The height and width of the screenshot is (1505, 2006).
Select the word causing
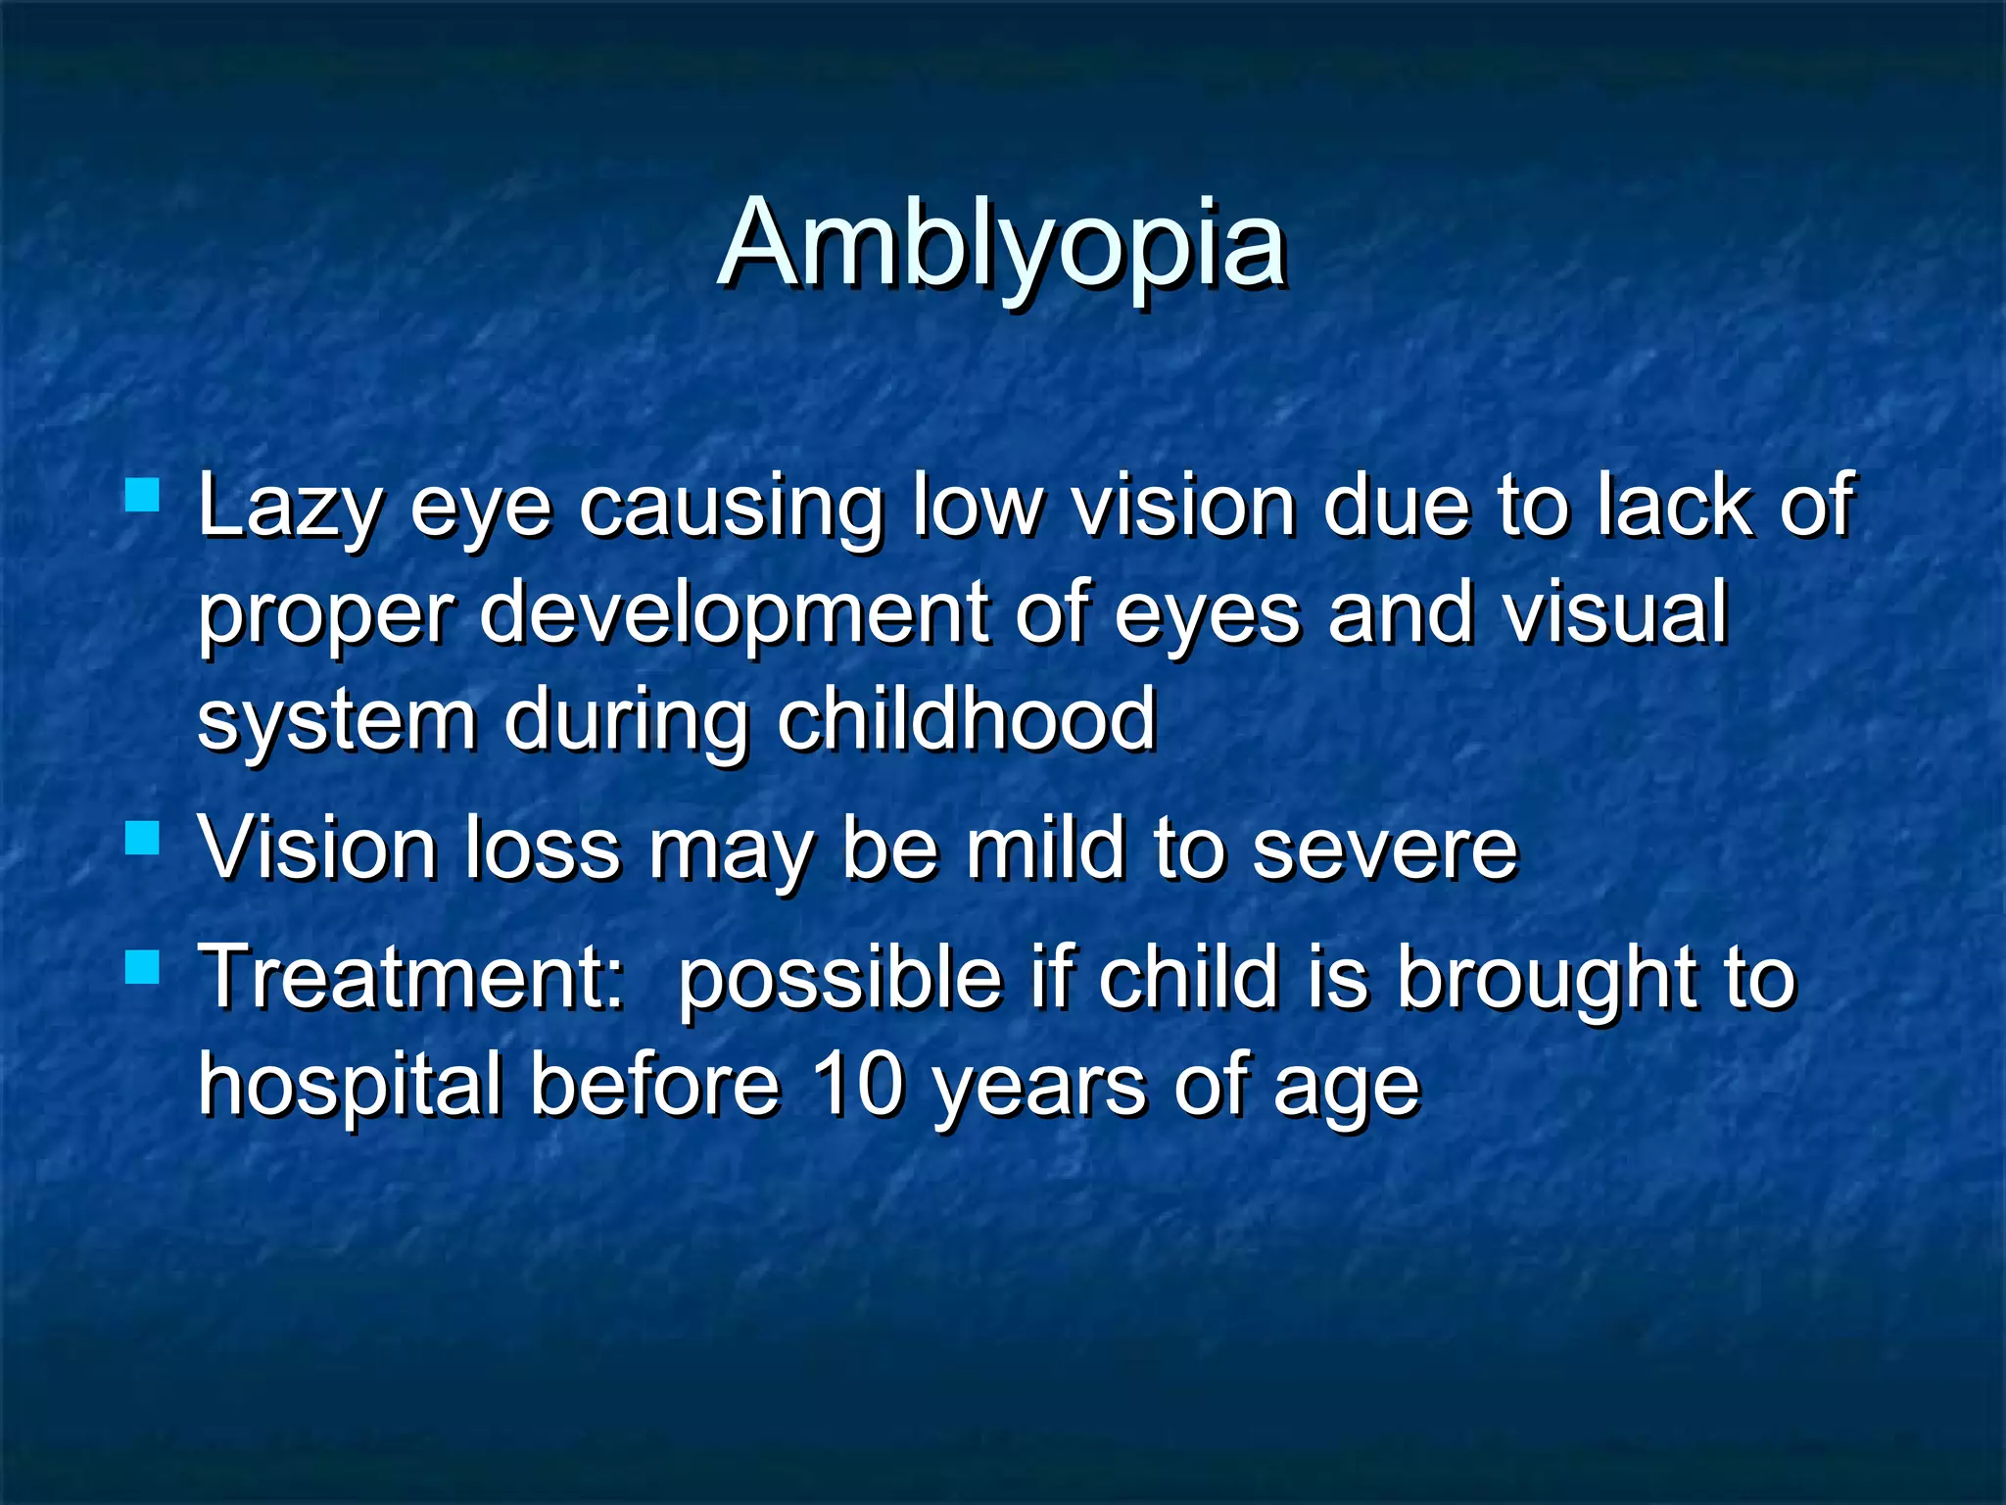(730, 509)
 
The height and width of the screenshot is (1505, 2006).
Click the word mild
(1046, 848)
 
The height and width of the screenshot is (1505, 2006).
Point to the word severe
(1385, 850)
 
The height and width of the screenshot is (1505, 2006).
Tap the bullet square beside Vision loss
(143, 838)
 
